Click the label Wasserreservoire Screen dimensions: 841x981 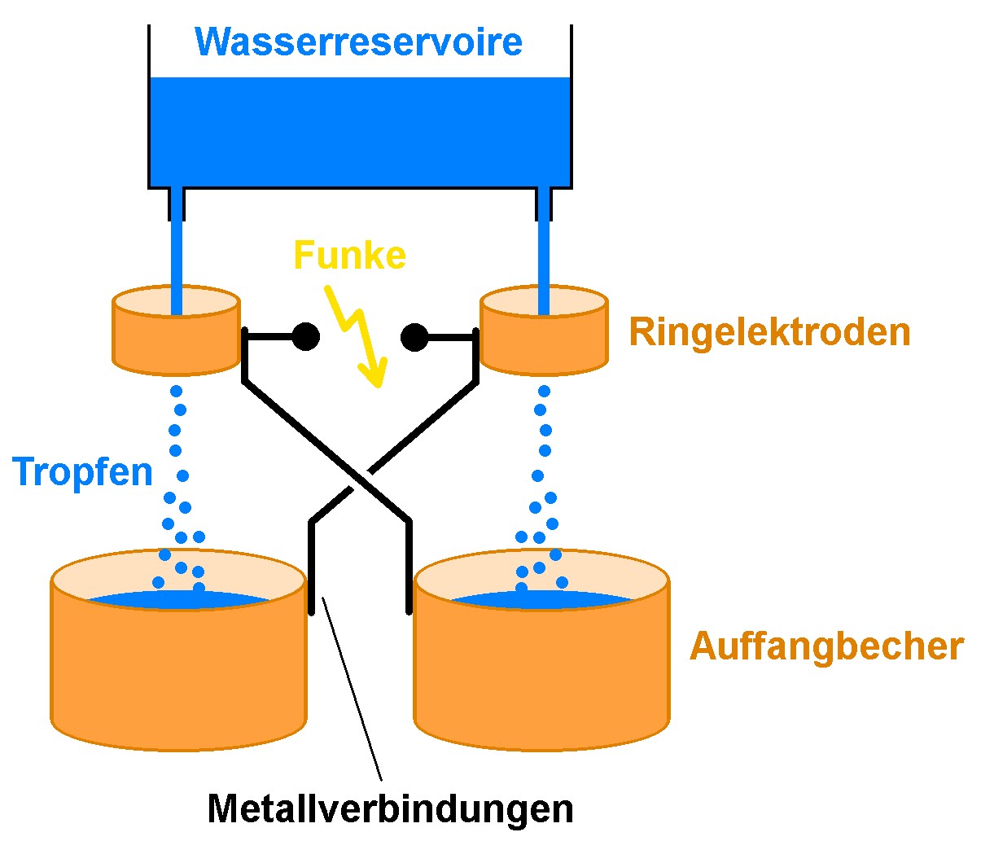point(359,42)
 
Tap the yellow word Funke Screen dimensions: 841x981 point(349,255)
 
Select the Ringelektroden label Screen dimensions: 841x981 point(769,332)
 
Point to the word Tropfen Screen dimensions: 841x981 point(83,472)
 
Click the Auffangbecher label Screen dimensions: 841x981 point(826,646)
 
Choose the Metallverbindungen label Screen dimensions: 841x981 point(390,808)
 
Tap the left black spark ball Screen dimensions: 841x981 point(305,335)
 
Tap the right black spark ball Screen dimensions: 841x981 point(414,335)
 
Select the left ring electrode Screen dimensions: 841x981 point(176,342)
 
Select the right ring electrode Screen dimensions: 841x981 point(544,342)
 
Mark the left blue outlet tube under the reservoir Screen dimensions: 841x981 point(176,244)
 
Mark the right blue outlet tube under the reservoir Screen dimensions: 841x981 point(544,244)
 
